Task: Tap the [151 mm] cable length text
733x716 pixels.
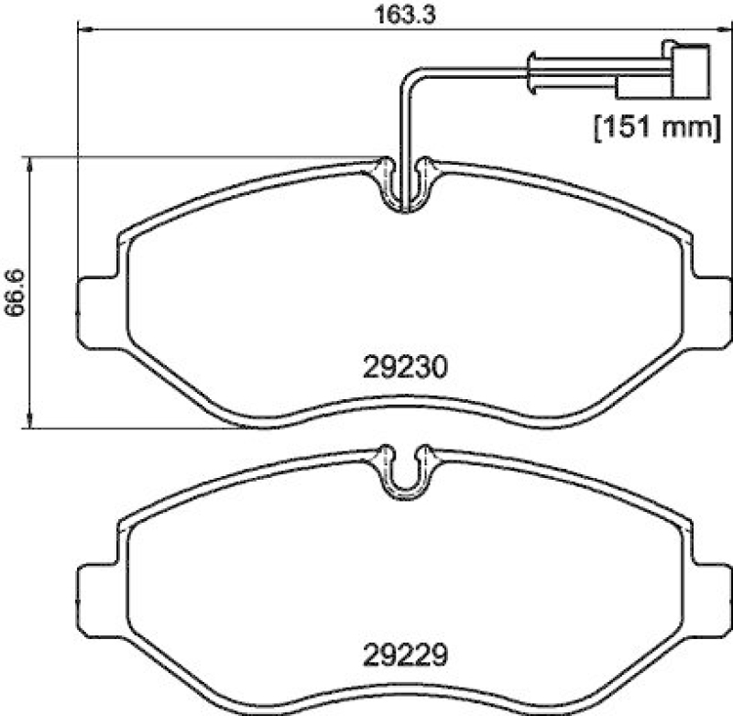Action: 651,126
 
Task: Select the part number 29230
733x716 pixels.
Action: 403,369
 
